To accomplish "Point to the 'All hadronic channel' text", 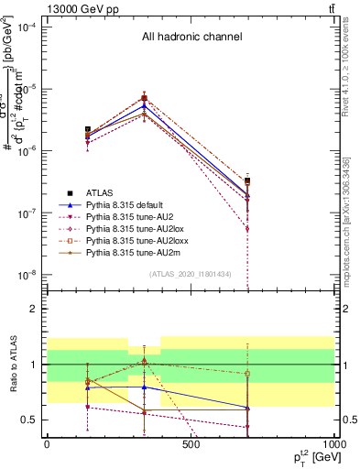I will [x=191, y=38].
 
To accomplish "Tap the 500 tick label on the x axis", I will [x=191, y=446].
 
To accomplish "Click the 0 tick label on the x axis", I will [x=47, y=446].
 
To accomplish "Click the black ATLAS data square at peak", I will [x=144, y=98].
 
